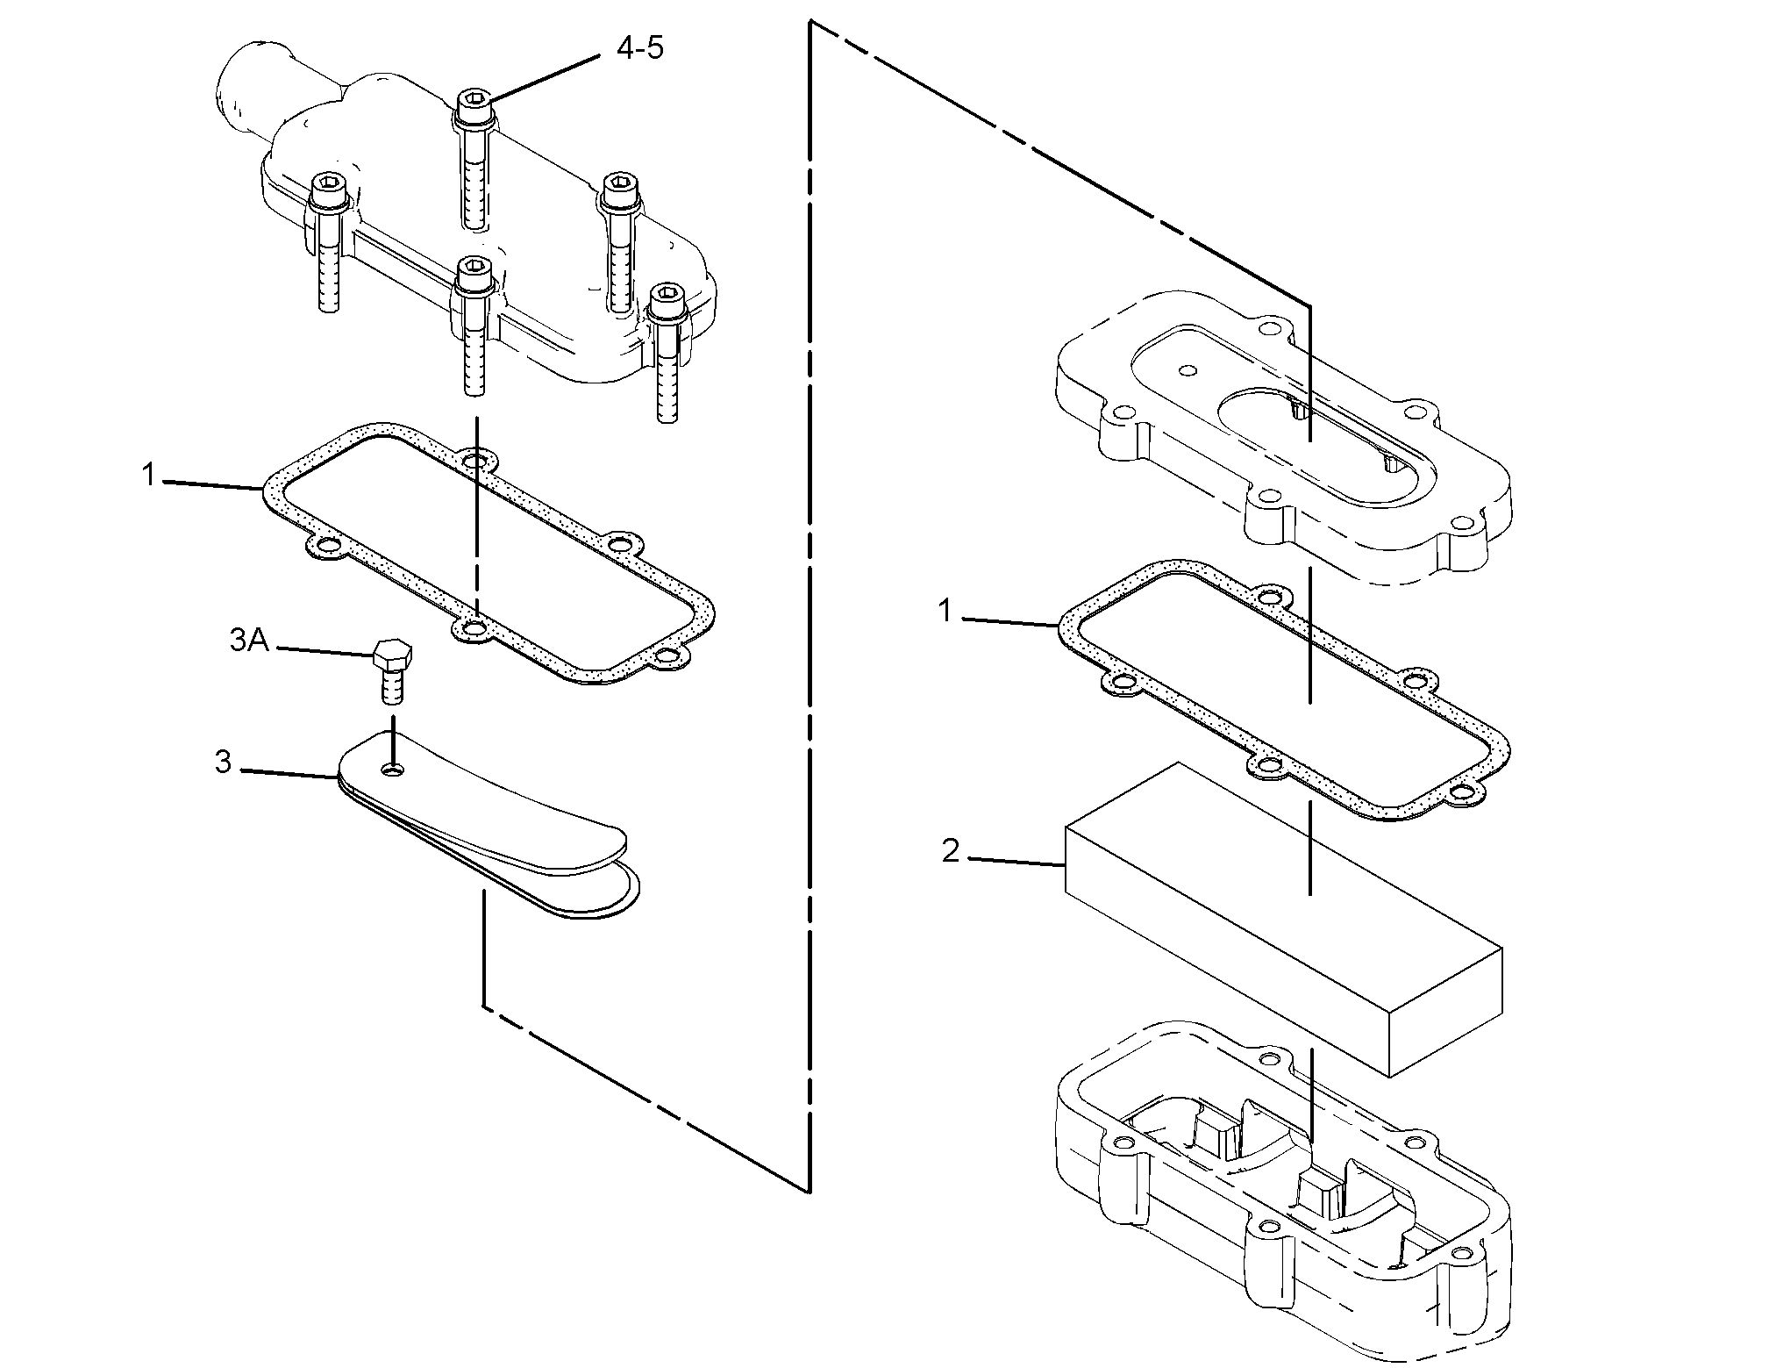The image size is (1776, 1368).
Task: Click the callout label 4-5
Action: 639,48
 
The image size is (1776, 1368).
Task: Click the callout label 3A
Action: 248,641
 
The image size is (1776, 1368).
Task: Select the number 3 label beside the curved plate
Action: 224,763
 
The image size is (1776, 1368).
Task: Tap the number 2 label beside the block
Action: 951,850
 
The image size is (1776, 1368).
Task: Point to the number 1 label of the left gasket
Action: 149,476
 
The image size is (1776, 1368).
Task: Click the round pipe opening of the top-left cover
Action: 230,87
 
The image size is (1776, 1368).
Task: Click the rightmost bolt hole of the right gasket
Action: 1461,794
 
